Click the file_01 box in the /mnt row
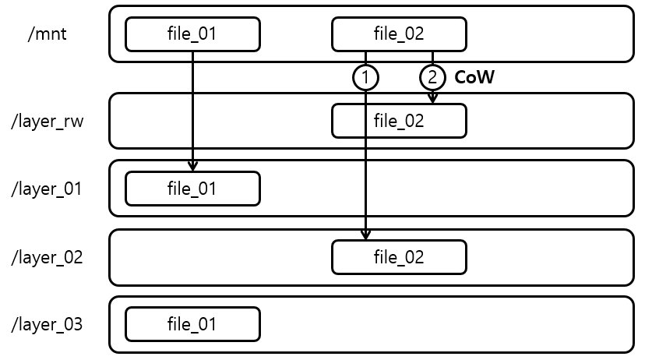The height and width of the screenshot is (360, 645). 192,34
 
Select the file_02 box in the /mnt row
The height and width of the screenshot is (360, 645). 399,34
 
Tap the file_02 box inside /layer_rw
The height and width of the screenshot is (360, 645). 399,121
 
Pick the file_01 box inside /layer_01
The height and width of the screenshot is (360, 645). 192,189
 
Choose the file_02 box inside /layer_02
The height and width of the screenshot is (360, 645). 399,257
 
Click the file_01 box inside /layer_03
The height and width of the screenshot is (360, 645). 192,324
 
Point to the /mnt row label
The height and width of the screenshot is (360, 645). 48,34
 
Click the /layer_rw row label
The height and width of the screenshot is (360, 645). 48,121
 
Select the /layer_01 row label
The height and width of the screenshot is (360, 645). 48,189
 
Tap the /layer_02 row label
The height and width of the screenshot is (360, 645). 48,257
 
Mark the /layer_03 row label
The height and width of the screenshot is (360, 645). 48,324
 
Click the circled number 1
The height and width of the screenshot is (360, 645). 365,77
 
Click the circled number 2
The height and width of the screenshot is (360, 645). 432,77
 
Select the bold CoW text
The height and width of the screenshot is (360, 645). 474,77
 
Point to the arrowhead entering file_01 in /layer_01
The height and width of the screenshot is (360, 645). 192,166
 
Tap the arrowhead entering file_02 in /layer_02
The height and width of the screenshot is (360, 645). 365,235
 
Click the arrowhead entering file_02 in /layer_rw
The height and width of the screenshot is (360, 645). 432,98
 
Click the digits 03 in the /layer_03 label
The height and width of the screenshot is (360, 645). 72,324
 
